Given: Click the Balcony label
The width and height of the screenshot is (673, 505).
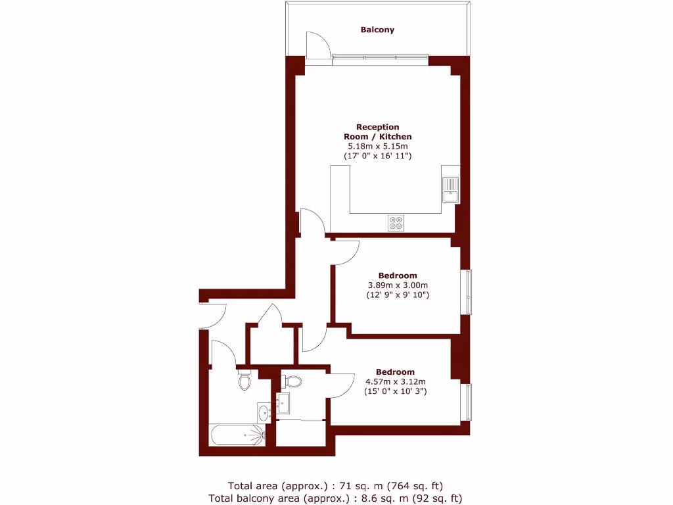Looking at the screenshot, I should pyautogui.click(x=377, y=30).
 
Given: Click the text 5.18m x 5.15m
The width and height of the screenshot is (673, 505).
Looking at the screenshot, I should pyautogui.click(x=377, y=146).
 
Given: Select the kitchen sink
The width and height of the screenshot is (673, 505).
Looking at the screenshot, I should pyautogui.click(x=451, y=189).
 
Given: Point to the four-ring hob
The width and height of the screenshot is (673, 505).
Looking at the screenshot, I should pyautogui.click(x=396, y=224).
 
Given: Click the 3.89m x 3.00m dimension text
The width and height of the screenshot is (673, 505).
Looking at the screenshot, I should pyautogui.click(x=397, y=285).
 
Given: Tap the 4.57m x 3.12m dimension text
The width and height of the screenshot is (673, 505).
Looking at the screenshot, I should pyautogui.click(x=396, y=381).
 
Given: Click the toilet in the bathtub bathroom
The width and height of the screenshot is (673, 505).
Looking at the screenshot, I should pyautogui.click(x=244, y=381).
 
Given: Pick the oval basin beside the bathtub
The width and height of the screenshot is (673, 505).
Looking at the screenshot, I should pyautogui.click(x=264, y=413).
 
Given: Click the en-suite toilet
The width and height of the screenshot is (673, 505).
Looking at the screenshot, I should pyautogui.click(x=292, y=381).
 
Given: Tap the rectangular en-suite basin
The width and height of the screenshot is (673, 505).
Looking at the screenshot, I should pyautogui.click(x=284, y=402).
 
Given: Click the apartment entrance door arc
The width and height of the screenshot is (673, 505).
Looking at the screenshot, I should pyautogui.click(x=214, y=316).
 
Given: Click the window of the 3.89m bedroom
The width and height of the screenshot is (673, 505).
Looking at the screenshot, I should pyautogui.click(x=468, y=292).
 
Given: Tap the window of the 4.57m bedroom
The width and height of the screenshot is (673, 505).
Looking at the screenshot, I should pyautogui.click(x=468, y=402).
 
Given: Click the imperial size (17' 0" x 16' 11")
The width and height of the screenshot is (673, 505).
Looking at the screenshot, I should pyautogui.click(x=377, y=156).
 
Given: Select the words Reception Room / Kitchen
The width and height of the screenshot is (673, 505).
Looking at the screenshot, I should pyautogui.click(x=377, y=132).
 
